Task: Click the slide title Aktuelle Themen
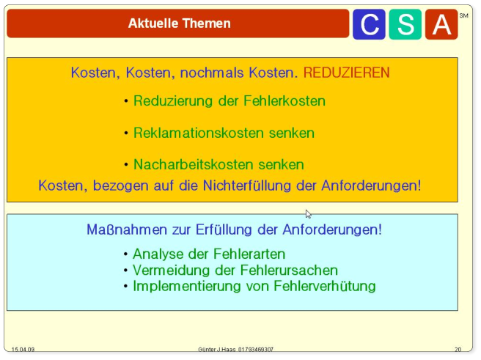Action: coord(179,23)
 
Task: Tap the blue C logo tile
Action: coord(369,24)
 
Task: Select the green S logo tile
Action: coord(405,24)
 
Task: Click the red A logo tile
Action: coord(441,24)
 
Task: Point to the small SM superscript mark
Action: coord(463,15)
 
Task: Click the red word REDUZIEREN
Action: coord(346,73)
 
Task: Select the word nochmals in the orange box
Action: coord(212,73)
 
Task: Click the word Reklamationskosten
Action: coord(199,133)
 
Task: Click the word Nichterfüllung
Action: coord(247,185)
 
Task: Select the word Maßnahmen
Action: coord(127,229)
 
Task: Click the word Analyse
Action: coord(158,254)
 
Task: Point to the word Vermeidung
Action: coord(171,271)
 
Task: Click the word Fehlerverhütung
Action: coord(325,287)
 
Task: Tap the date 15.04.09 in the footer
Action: coord(23,350)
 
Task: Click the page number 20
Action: coord(458,350)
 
